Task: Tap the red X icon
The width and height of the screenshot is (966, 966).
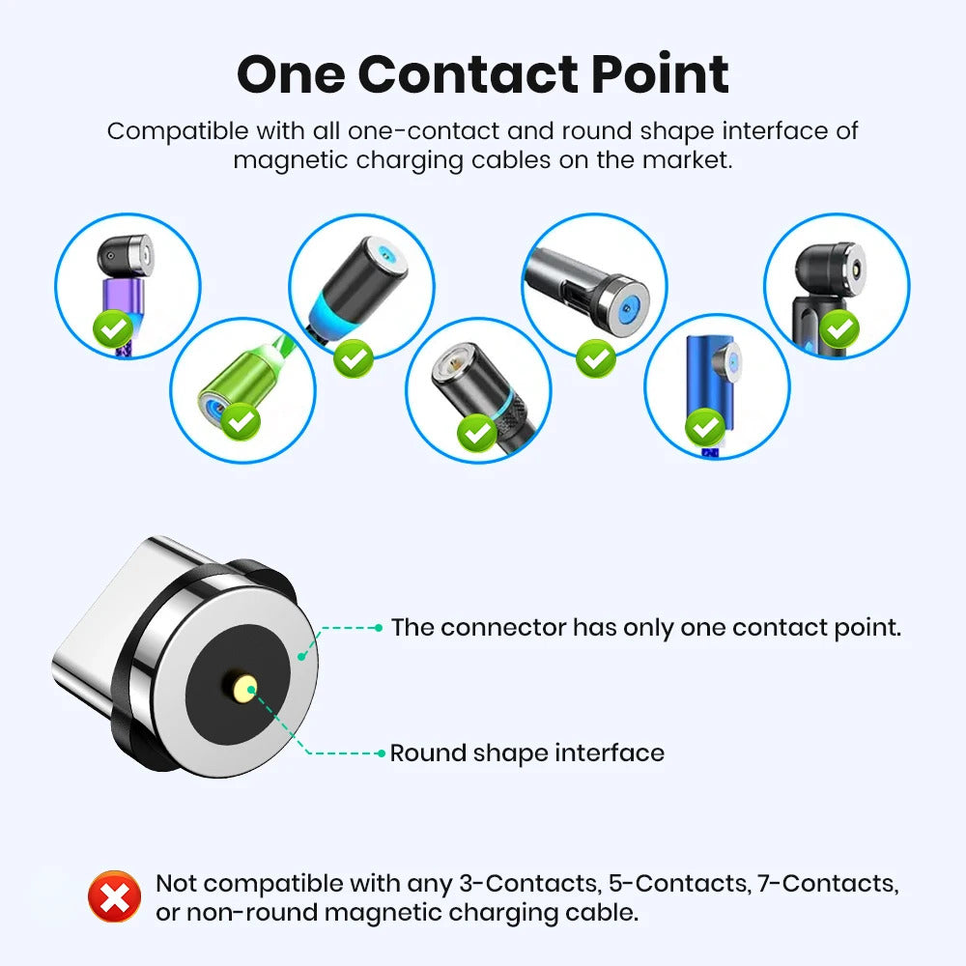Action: (x=114, y=897)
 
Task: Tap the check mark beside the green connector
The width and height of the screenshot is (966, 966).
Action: (x=241, y=421)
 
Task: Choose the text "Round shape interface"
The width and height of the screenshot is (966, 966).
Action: (x=526, y=753)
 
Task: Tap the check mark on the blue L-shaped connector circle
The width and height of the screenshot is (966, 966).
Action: (x=706, y=425)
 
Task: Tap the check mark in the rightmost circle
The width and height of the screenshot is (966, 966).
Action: (x=841, y=329)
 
